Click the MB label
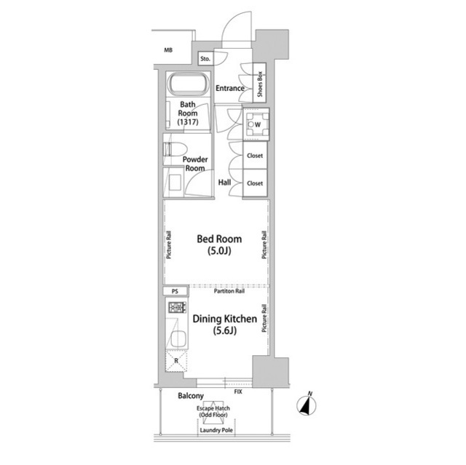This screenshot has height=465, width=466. [x=168, y=50]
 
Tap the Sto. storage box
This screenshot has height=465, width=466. [x=205, y=59]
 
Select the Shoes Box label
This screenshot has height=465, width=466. [x=259, y=84]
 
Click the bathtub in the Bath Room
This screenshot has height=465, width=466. [x=188, y=84]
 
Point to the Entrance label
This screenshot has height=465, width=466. [x=230, y=88]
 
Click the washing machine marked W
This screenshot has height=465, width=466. [x=256, y=124]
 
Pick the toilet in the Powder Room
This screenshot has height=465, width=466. [x=175, y=149]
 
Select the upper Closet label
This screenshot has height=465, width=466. [x=255, y=156]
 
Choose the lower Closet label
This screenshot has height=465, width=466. [x=255, y=183]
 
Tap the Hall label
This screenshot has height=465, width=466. [x=224, y=183]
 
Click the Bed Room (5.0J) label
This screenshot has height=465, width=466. [x=219, y=245]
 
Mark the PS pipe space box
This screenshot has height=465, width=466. [x=175, y=291]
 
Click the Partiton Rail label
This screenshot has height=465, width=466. [x=229, y=291]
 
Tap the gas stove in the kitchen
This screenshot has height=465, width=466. [x=178, y=307]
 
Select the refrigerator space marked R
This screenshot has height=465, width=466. [x=176, y=361]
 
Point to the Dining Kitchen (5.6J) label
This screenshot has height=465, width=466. [x=225, y=325]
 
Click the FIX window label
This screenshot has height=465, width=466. [x=238, y=392]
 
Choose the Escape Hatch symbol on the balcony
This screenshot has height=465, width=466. [x=213, y=410]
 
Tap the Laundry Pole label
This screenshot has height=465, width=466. [x=216, y=430]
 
